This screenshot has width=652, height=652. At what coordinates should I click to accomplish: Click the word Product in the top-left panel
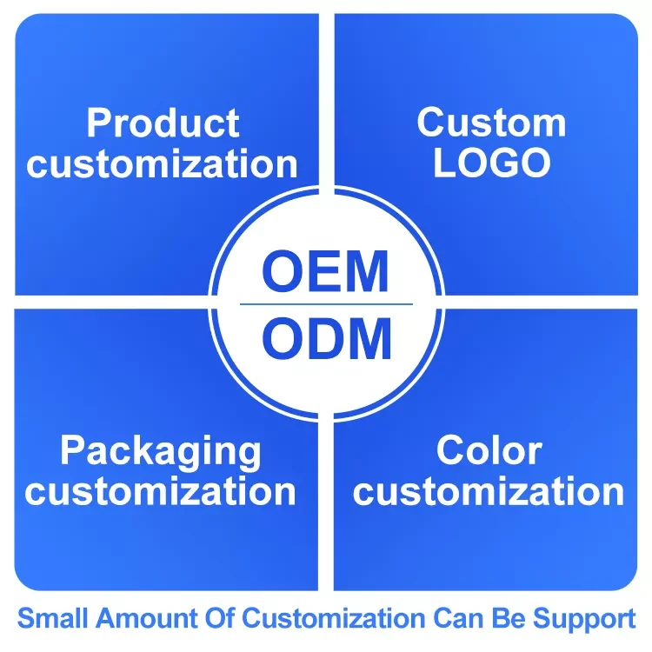click(x=163, y=124)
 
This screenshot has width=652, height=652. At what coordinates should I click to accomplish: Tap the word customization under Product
click(x=163, y=164)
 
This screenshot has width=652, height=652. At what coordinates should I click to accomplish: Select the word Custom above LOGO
click(x=491, y=123)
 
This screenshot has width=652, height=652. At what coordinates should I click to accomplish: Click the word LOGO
click(x=491, y=163)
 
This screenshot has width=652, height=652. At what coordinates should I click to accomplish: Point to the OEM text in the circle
click(x=326, y=272)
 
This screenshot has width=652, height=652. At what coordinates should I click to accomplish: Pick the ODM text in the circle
click(x=326, y=339)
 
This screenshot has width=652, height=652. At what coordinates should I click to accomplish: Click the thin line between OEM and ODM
click(x=326, y=304)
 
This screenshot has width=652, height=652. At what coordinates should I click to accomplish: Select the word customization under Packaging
click(x=161, y=491)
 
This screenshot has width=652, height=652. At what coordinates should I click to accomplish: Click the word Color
click(x=489, y=450)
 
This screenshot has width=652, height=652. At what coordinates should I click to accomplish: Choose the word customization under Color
click(x=489, y=491)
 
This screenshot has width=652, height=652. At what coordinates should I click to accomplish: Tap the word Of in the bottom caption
click(x=219, y=620)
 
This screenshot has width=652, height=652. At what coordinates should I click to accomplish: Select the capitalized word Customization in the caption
click(x=336, y=620)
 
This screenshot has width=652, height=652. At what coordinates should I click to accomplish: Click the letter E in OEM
click(x=326, y=272)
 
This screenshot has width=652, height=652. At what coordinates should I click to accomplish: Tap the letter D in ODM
click(x=326, y=339)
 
